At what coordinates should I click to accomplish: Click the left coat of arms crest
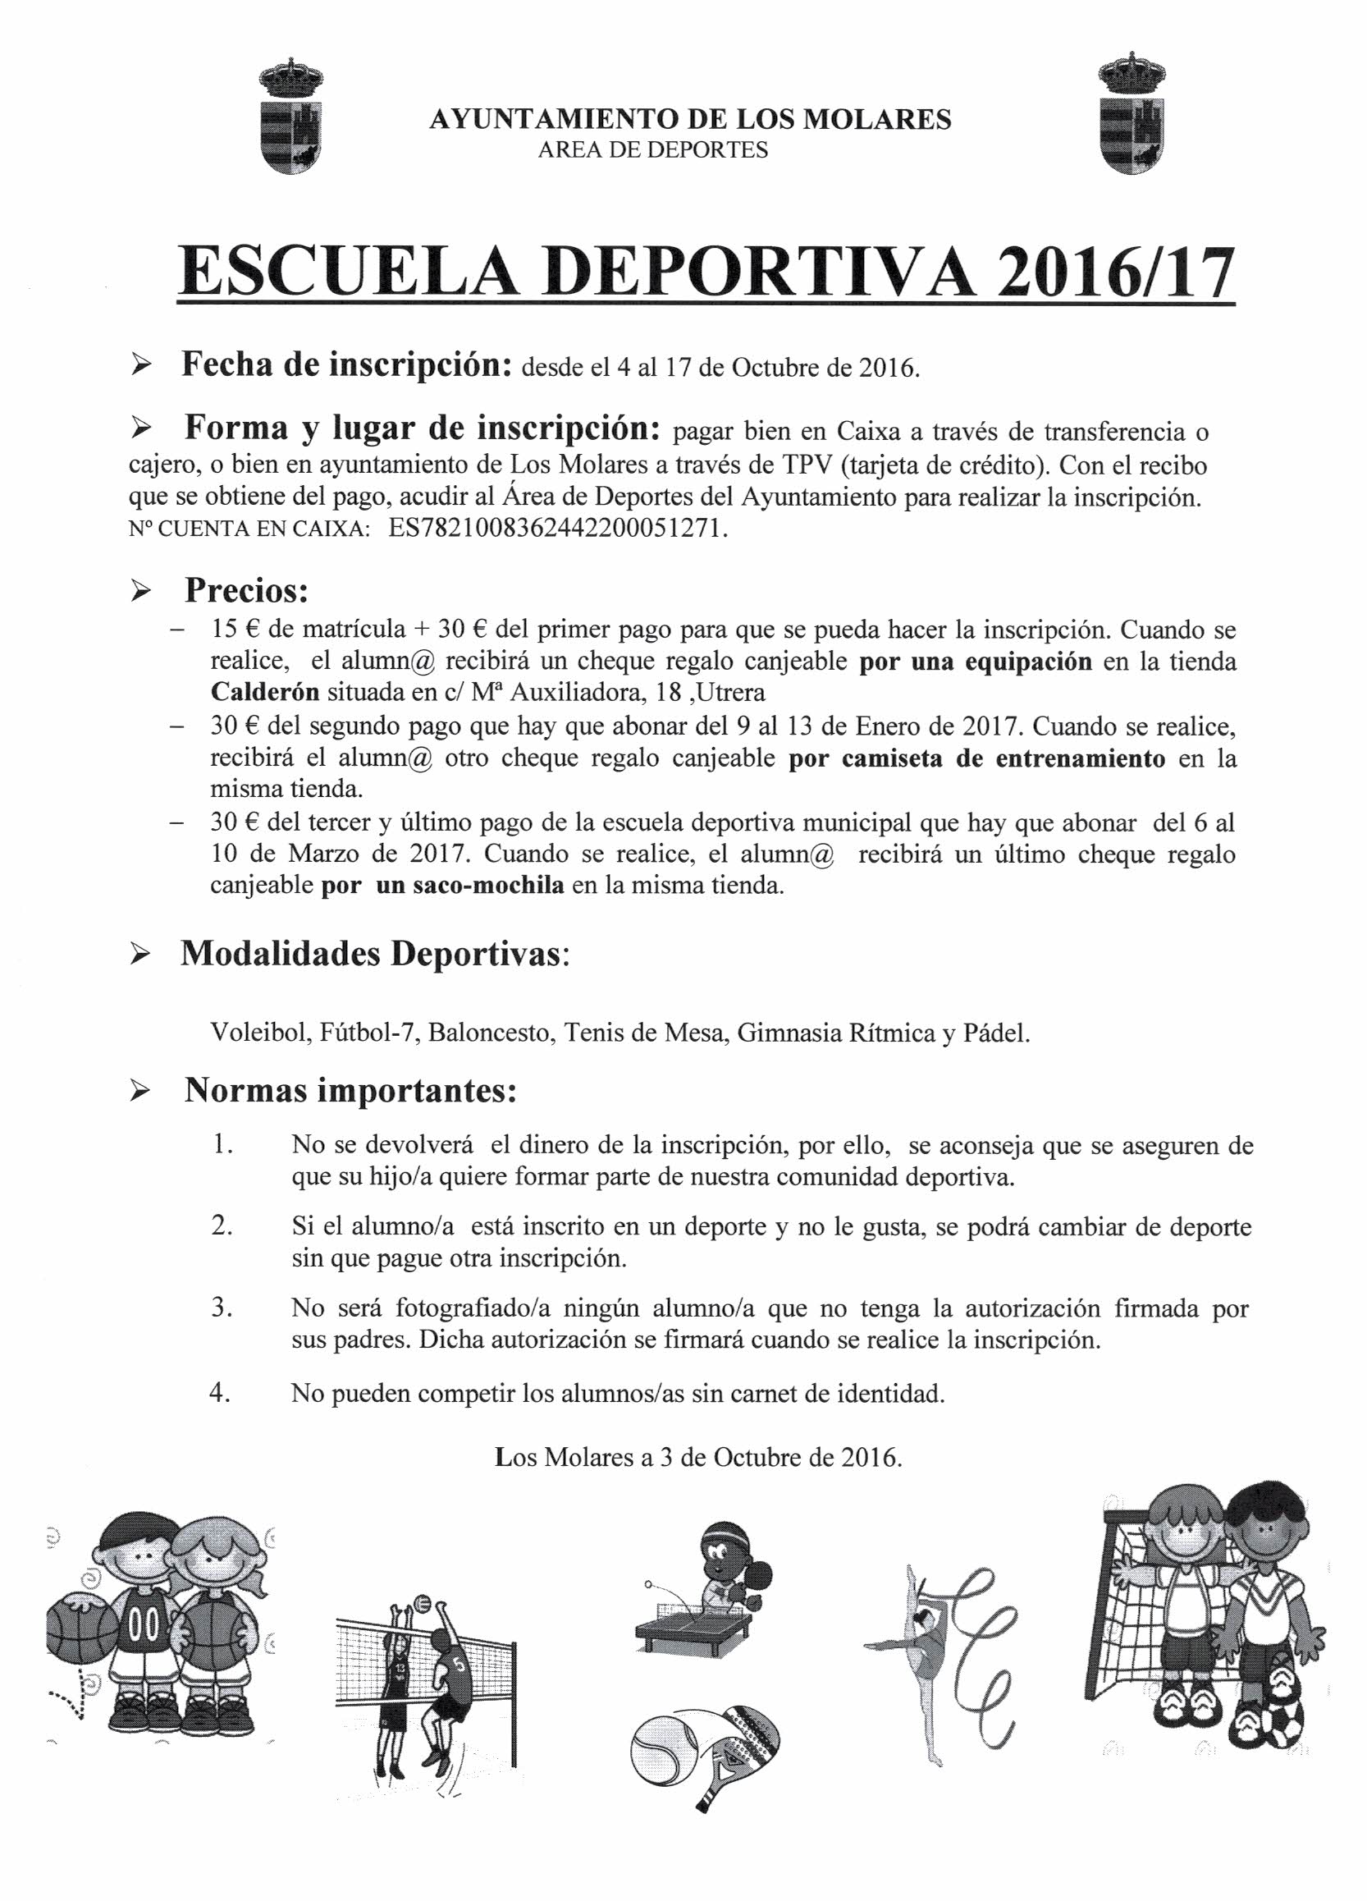[290, 117]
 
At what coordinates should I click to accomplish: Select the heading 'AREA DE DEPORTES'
[653, 150]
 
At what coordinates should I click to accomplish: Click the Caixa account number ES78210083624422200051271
[558, 529]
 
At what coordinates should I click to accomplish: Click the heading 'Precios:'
[246, 591]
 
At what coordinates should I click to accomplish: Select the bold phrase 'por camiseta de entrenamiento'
[976, 758]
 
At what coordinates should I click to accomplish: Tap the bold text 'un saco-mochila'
[469, 886]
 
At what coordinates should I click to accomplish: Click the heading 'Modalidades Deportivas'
[373, 955]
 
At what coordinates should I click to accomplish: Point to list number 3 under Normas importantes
[222, 1308]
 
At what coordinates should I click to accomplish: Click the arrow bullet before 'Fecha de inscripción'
[141, 366]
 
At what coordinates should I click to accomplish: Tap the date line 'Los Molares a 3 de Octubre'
[698, 1458]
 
